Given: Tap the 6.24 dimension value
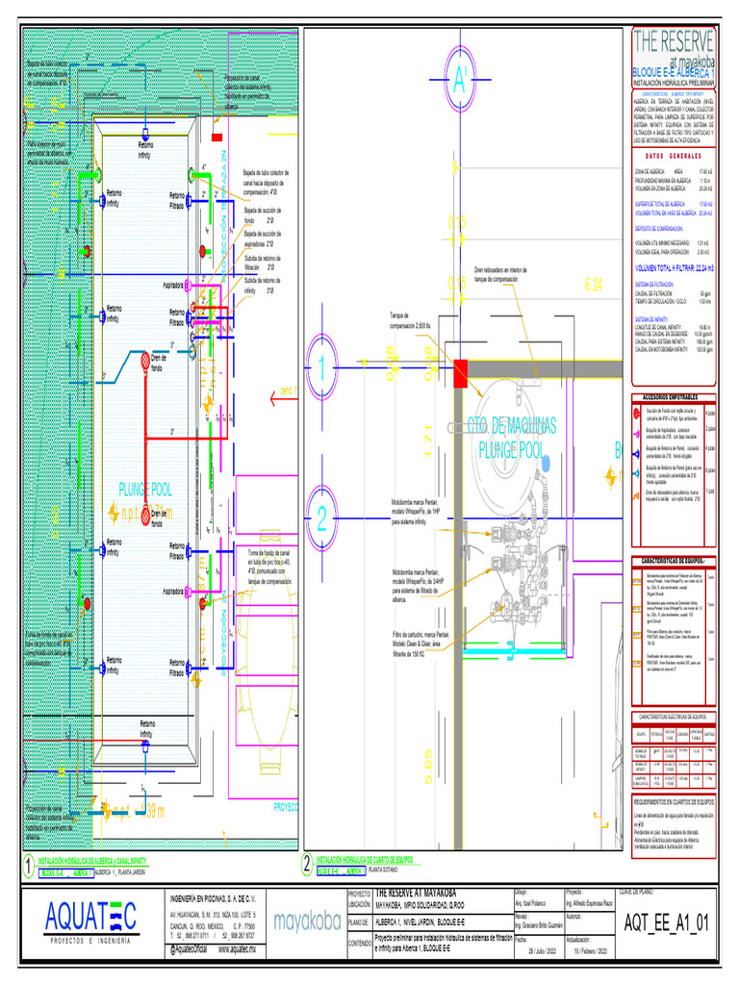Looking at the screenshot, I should pyautogui.click(x=595, y=285).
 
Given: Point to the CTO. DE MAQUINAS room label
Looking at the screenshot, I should pyautogui.click(x=513, y=425).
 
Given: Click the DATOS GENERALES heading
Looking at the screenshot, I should pyautogui.click(x=673, y=157).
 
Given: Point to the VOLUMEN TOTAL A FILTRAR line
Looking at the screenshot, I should pyautogui.click(x=671, y=270).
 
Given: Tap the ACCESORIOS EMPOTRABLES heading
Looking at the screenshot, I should pyautogui.click(x=673, y=397).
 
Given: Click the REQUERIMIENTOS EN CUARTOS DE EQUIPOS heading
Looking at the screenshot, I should pyautogui.click(x=673, y=800).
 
